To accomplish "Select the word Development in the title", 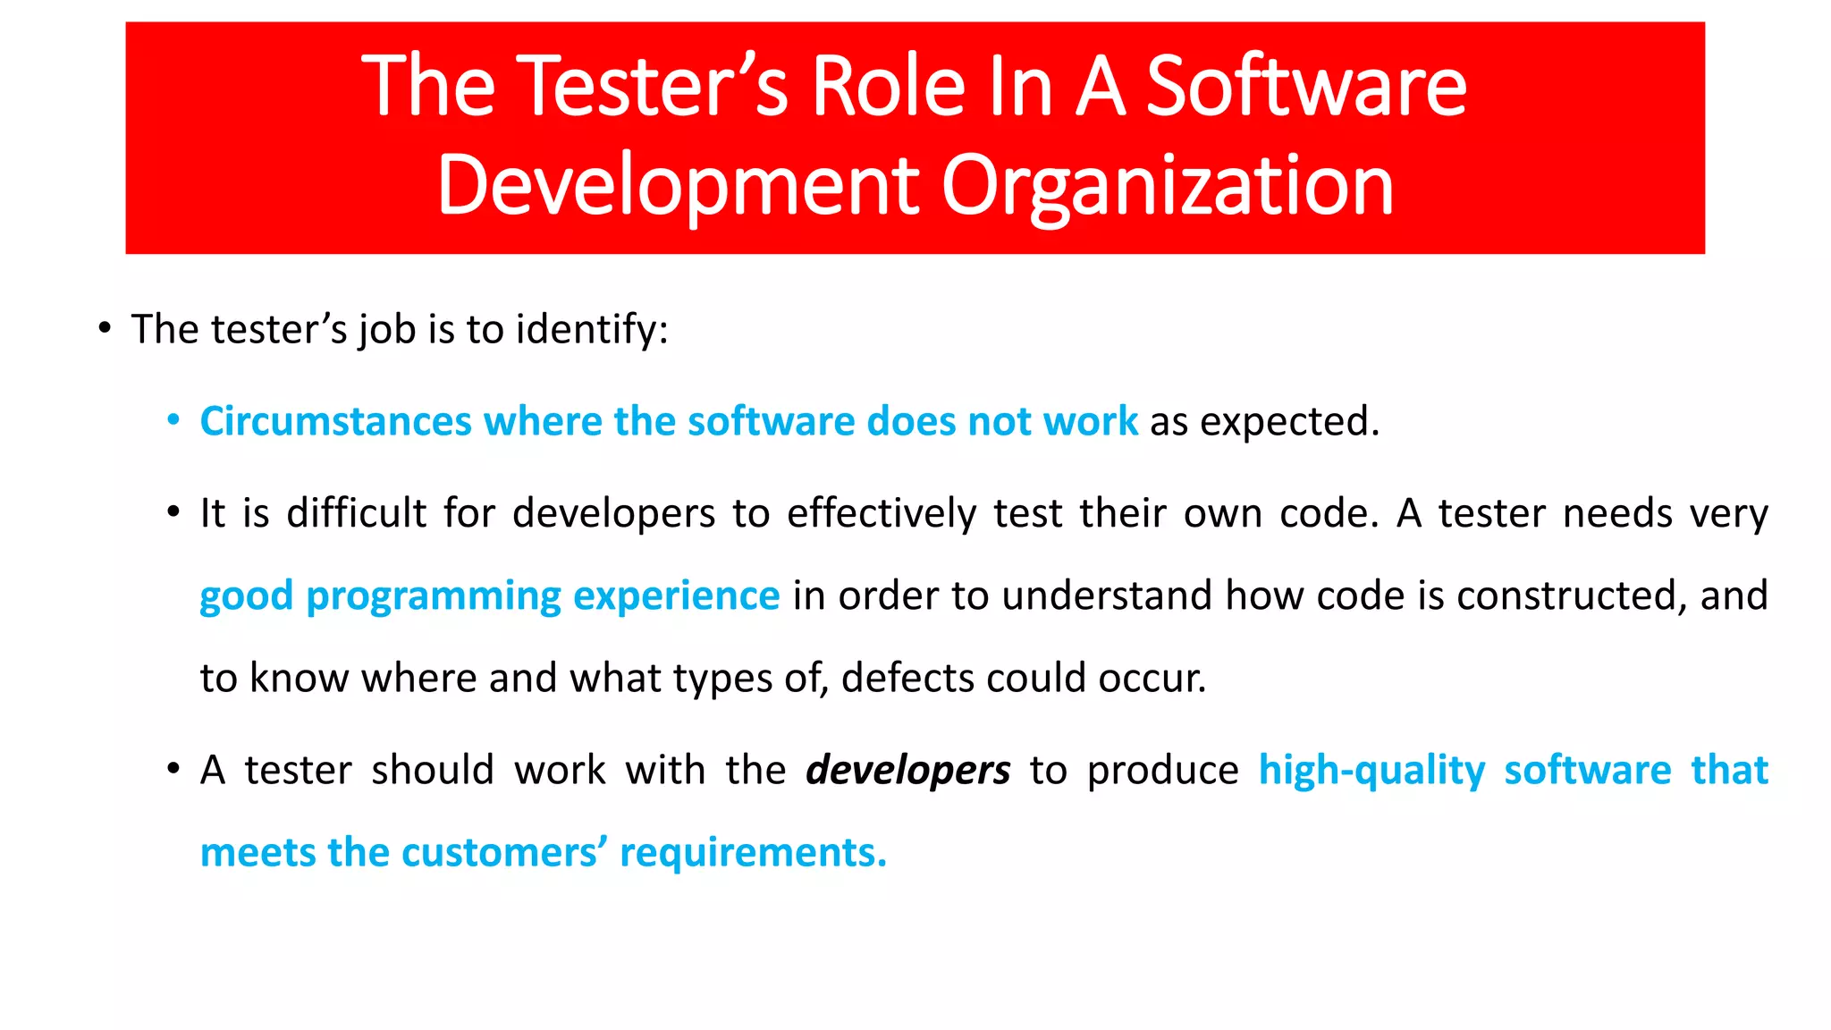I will tap(678, 185).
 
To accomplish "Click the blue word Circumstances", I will tap(335, 421).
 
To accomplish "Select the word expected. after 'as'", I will tap(1289, 422).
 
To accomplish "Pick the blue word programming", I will tap(433, 596).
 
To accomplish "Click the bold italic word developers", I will tap(907, 771).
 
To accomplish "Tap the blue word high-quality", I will tap(1371, 771).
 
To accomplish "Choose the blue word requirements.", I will tap(753, 853).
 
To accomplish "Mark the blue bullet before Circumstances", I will tap(173, 420).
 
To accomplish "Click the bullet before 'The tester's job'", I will tap(105, 329).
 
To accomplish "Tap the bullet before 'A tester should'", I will tap(173, 769).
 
